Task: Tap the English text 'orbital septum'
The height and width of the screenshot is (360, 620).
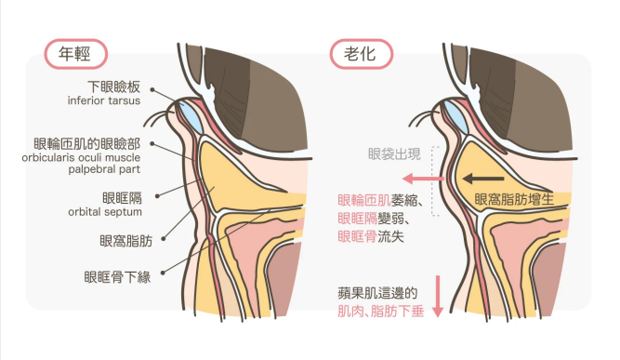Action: point(106,210)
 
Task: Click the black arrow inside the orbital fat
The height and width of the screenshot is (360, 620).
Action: point(484,177)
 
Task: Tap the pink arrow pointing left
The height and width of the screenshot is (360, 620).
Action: point(421,177)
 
